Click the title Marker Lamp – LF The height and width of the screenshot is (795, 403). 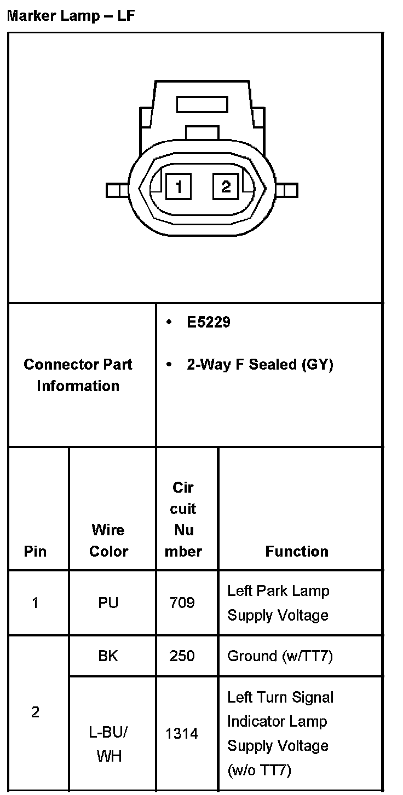pos(70,15)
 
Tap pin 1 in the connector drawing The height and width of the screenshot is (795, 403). pos(179,187)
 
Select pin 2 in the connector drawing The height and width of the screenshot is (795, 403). pos(226,187)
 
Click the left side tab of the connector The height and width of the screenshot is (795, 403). pos(116,190)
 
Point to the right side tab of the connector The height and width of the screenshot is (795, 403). pos(288,190)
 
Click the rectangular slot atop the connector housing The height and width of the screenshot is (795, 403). pos(202,104)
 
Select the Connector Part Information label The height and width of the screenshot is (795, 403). pos(78,375)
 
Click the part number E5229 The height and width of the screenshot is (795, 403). pos(209,322)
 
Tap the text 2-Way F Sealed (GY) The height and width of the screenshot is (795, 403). pos(260,365)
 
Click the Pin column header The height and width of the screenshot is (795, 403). pos(35,551)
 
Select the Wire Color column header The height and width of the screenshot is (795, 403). pos(108,540)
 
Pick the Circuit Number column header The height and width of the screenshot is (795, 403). pos(183,519)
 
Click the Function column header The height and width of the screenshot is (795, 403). pos(297,551)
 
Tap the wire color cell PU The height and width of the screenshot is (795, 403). pos(108,603)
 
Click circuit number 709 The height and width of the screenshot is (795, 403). pos(182,603)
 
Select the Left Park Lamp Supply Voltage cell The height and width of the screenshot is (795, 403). pos(278,603)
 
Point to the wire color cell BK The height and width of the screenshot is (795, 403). pos(108,656)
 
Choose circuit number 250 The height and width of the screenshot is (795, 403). pos(182,656)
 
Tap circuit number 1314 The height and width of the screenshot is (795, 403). pos(182,733)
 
